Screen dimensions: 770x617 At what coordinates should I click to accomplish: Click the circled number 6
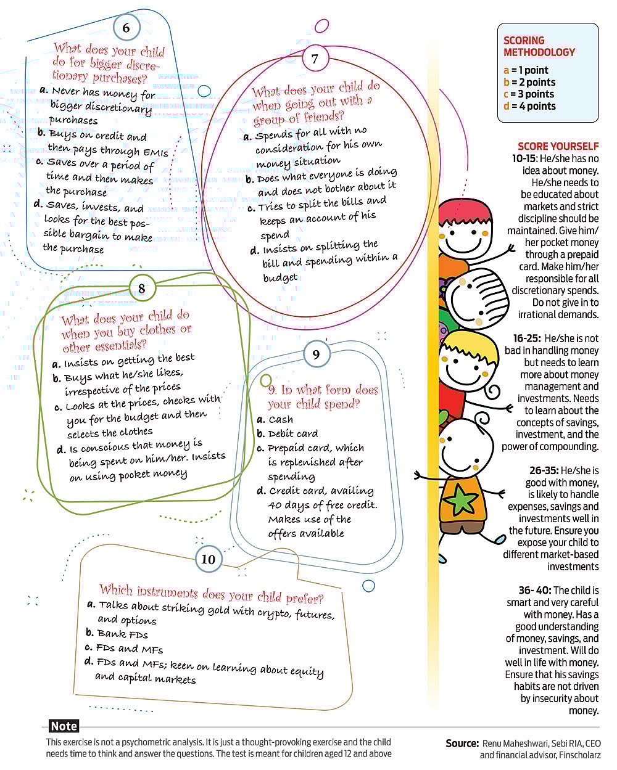pos(126,28)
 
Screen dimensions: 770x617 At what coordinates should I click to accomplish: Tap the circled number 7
pos(315,59)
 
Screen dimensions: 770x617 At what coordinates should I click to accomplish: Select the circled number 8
pos(142,289)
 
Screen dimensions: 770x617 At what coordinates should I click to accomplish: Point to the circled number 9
pos(316,354)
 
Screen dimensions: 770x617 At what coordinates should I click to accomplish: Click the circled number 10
pos(208,559)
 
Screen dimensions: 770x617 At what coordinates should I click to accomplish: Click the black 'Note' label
pos(64,726)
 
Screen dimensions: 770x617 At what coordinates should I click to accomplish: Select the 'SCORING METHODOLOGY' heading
pos(539,46)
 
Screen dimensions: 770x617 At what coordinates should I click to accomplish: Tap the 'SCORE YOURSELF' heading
pos(558,146)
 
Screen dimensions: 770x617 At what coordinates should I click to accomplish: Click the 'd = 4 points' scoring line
pos(529,106)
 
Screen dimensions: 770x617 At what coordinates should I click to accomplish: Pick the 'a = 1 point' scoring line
pos(526,70)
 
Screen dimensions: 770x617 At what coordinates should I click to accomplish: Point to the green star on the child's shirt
pos(460,499)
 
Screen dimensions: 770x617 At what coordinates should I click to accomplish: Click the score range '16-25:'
pos(526,338)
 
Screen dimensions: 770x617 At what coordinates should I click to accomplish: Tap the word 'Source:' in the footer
pos(462,743)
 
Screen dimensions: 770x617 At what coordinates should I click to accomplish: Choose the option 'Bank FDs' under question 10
pos(122,634)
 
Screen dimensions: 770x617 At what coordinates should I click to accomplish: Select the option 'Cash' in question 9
pos(281,419)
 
